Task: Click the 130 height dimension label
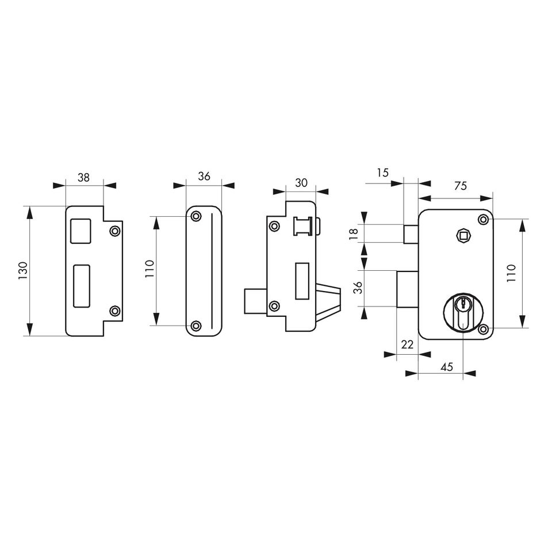[x=23, y=271]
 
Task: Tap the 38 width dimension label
[x=83, y=178]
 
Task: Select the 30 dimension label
[x=301, y=183]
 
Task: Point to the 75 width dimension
[x=461, y=186]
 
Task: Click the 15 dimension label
[x=382, y=173]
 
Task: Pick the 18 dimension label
[x=354, y=234]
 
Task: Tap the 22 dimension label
[x=407, y=344]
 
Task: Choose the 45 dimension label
[x=447, y=367]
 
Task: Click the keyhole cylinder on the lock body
[x=463, y=311]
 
